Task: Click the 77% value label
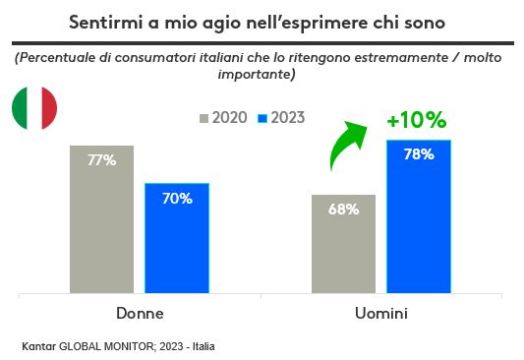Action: coord(101,160)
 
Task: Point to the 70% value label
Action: coord(177,198)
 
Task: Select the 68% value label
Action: coord(343,209)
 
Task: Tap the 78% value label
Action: coord(419,154)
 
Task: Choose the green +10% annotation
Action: coord(416,121)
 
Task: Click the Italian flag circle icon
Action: coord(34,109)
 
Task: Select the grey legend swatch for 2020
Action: coord(204,118)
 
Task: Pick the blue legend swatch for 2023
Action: coord(262,118)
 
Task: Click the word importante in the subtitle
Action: coord(259,74)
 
